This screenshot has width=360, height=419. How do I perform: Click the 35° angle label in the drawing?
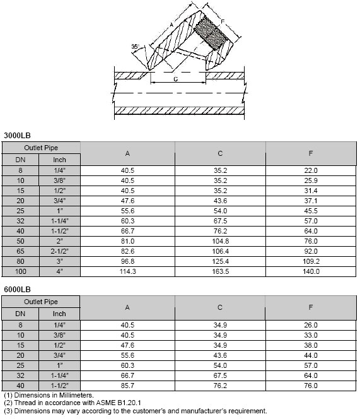click(134, 47)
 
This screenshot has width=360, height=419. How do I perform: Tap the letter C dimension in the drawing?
click(175, 80)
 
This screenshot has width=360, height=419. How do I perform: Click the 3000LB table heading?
click(17, 135)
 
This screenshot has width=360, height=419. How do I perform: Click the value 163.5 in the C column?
click(220, 271)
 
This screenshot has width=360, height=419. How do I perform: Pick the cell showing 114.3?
click(128, 271)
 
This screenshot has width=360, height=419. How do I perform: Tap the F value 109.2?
click(311, 261)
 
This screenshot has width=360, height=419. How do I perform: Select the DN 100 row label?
click(20, 271)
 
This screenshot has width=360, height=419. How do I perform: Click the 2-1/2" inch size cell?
click(59, 251)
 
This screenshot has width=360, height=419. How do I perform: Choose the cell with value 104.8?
click(220, 241)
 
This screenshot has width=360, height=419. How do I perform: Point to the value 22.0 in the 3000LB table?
click(311, 170)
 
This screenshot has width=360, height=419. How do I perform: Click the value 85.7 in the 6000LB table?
click(128, 385)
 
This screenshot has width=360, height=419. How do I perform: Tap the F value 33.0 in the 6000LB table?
click(311, 334)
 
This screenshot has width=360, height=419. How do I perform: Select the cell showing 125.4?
click(220, 261)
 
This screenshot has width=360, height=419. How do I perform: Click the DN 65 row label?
click(20, 251)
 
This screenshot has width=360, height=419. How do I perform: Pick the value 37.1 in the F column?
click(311, 201)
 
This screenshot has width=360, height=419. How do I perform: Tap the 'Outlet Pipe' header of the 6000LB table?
click(41, 302)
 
